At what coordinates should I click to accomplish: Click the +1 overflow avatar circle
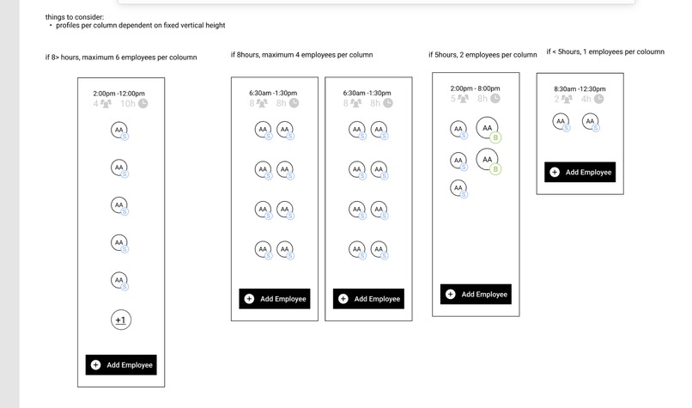(120, 320)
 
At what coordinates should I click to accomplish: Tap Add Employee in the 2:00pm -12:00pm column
(121, 365)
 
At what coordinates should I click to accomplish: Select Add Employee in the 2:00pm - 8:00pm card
(476, 295)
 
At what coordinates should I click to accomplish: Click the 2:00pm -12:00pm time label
(118, 94)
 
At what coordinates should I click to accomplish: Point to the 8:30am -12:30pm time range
(580, 88)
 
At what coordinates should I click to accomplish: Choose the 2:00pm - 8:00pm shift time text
(475, 88)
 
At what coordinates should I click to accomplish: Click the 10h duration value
(127, 104)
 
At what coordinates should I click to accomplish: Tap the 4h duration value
(586, 99)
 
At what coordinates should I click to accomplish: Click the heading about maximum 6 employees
(121, 58)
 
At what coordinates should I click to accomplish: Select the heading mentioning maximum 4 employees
(301, 55)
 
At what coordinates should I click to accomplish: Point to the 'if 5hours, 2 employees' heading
(483, 55)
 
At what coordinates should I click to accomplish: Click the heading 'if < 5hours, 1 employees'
(605, 52)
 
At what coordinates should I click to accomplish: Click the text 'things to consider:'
(75, 17)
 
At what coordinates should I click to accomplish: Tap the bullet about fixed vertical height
(140, 26)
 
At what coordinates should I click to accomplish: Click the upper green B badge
(496, 137)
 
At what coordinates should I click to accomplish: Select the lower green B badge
(496, 169)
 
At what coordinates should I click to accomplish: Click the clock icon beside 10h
(143, 104)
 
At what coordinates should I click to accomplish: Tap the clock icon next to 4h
(598, 99)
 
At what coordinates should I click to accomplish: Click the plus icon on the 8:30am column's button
(555, 173)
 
